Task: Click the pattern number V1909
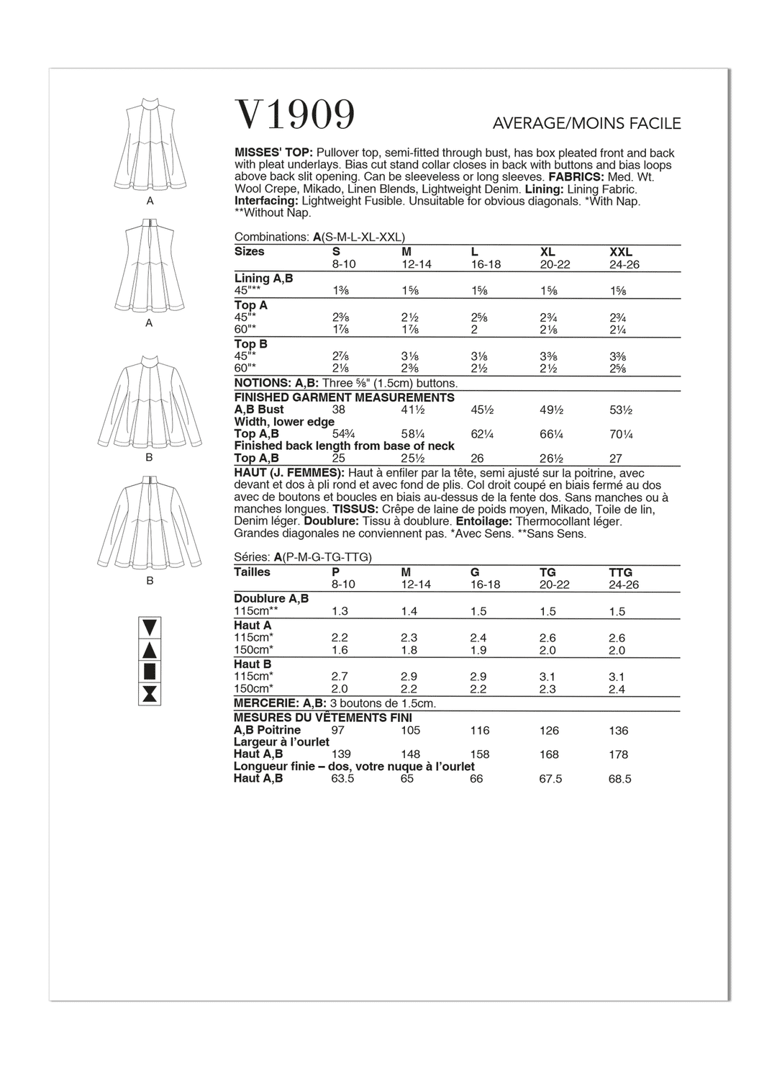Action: pyautogui.click(x=295, y=115)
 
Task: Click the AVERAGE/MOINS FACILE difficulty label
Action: pyautogui.click(x=586, y=124)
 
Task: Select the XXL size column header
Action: pyautogui.click(x=620, y=252)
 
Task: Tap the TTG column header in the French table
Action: pyautogui.click(x=619, y=572)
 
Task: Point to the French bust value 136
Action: pyautogui.click(x=618, y=731)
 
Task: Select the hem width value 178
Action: pyautogui.click(x=618, y=754)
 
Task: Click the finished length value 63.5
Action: pyautogui.click(x=342, y=779)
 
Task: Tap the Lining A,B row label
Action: pyautogui.click(x=263, y=278)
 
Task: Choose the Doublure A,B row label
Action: pyautogui.click(x=271, y=598)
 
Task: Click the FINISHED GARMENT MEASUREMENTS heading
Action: pyautogui.click(x=344, y=397)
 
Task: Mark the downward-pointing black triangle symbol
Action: pyautogui.click(x=150, y=626)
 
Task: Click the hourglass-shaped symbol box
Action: pyautogui.click(x=150, y=695)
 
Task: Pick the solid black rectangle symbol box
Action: pyautogui.click(x=150, y=672)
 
